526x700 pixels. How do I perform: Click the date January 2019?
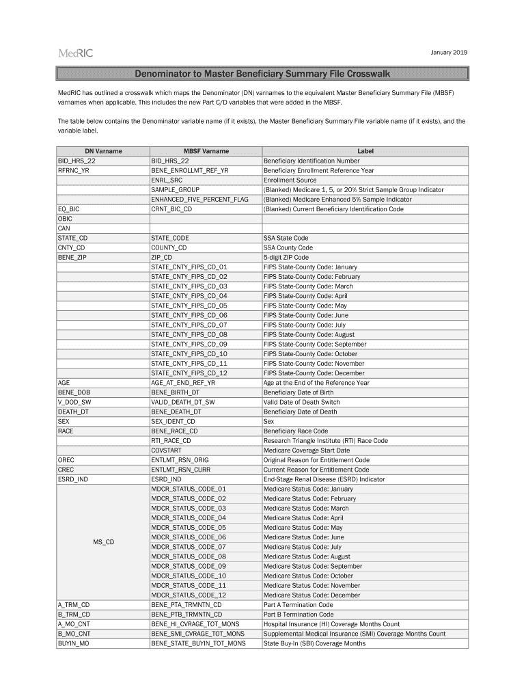(449, 53)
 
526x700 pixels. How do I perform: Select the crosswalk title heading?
(262, 74)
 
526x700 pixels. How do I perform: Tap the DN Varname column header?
(103, 151)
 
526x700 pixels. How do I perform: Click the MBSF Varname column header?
(206, 151)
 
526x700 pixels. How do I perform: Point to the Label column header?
(365, 151)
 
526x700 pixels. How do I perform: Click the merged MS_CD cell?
(103, 542)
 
